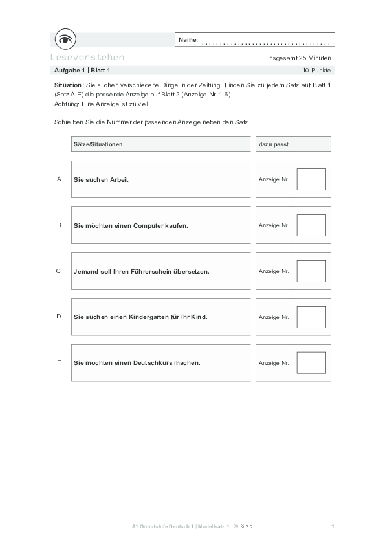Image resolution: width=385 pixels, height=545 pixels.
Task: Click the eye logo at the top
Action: tap(65, 39)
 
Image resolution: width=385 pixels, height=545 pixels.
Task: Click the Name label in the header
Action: tap(188, 40)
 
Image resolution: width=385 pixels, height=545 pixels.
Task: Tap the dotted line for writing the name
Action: tap(266, 43)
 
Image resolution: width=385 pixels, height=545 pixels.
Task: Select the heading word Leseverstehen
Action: tap(87, 57)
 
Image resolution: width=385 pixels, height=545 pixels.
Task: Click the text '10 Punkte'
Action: tap(316, 69)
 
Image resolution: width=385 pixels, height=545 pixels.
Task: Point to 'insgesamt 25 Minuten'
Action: tap(299, 58)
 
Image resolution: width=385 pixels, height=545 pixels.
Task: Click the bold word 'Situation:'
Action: tap(69, 85)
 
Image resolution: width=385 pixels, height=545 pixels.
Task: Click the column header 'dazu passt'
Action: tap(273, 144)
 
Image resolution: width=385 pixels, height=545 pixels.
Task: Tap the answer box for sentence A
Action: tap(311, 179)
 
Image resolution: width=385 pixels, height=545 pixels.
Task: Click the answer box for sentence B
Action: tap(311, 225)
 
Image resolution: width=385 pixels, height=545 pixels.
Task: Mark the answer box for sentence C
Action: tap(311, 271)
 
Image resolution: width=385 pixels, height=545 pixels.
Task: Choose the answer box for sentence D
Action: tap(311, 317)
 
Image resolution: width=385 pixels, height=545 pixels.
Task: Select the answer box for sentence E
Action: tap(311, 363)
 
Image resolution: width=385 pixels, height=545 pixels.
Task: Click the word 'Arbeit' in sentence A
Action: tap(118, 179)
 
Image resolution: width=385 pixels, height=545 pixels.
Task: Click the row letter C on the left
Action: tap(59, 271)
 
